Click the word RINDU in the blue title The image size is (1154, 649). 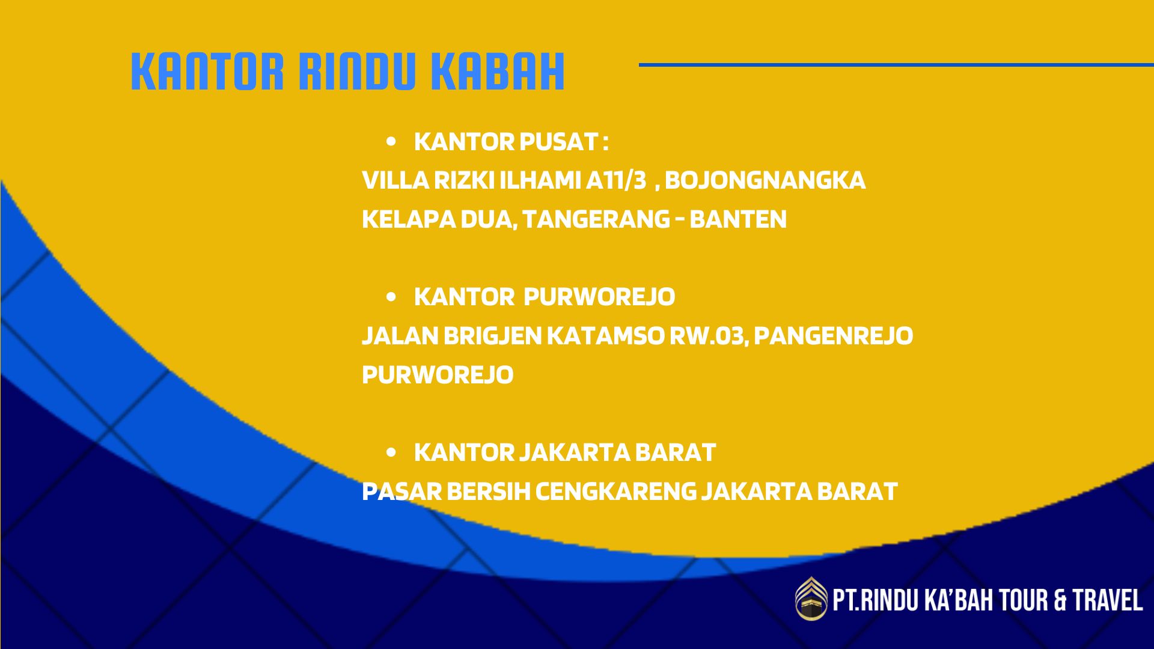coord(357,72)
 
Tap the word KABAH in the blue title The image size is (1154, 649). coord(498,72)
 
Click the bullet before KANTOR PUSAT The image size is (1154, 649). coord(392,142)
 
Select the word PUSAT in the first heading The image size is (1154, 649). coord(558,142)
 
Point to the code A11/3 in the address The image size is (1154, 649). coord(616,180)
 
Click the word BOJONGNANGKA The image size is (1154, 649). coord(765,180)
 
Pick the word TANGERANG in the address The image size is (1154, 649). coord(596,219)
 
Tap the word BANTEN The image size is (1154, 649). coord(738,219)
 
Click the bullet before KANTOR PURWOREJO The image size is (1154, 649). coord(392,297)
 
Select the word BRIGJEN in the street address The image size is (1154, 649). coord(493,336)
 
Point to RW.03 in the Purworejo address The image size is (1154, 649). coord(709,336)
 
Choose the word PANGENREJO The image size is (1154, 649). coord(833,336)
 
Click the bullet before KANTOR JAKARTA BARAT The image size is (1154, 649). coord(392,452)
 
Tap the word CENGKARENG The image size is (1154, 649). coord(615,492)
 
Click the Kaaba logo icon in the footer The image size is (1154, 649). coord(811,598)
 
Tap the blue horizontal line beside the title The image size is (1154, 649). coord(896,64)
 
